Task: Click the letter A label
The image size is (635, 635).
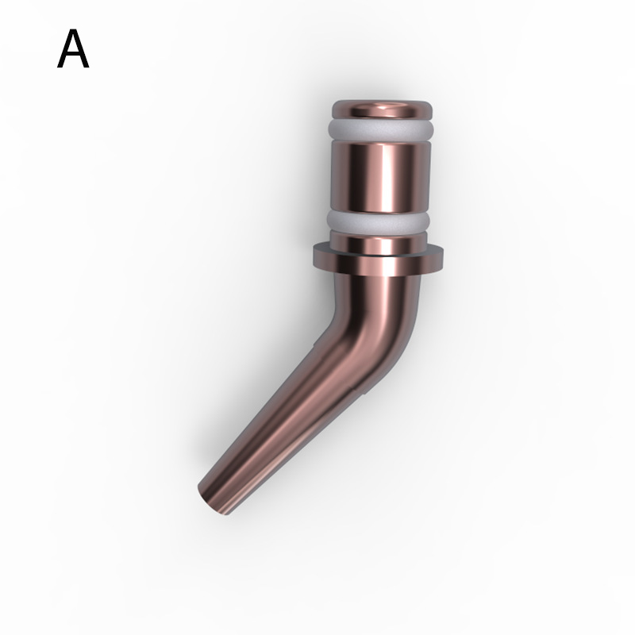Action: (73, 48)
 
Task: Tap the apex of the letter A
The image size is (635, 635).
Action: (73, 30)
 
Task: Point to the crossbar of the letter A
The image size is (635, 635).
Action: (73, 56)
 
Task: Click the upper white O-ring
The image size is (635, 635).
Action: (381, 129)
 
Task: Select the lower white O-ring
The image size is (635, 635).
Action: (379, 221)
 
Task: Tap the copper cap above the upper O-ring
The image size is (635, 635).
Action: (382, 110)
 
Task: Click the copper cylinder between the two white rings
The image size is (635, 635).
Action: (381, 175)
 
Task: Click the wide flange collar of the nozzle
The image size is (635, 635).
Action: (379, 260)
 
